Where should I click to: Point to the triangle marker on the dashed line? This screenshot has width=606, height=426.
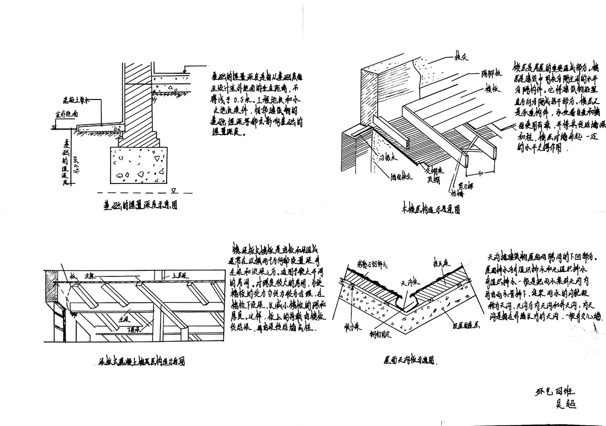[x=174, y=191]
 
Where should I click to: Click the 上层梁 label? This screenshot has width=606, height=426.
[x=180, y=276]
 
